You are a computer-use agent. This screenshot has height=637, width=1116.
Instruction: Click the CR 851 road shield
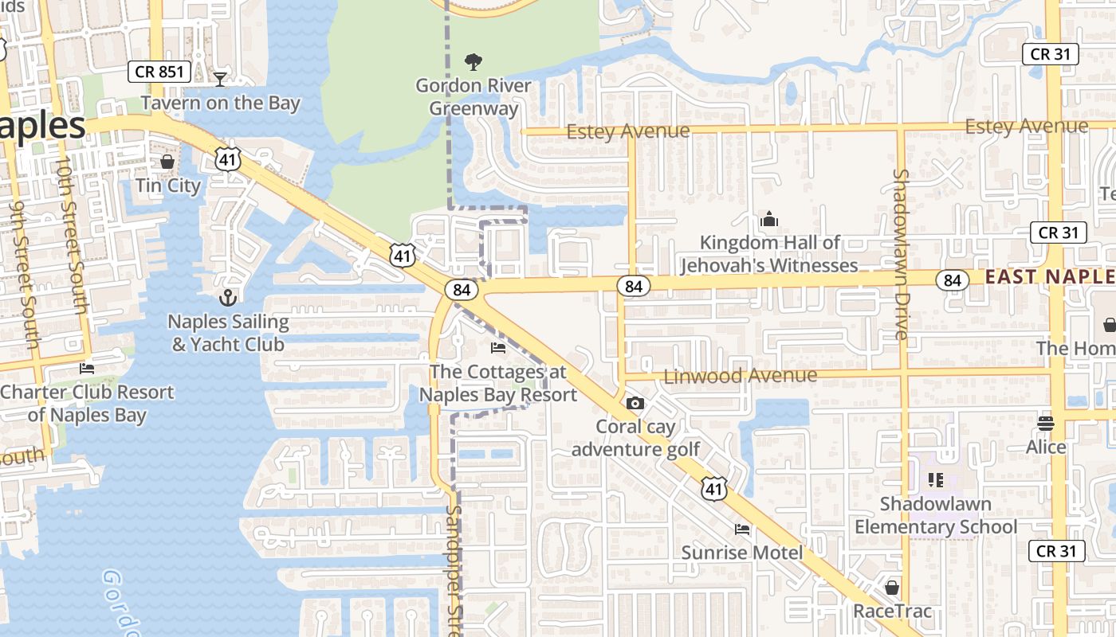pyautogui.click(x=159, y=72)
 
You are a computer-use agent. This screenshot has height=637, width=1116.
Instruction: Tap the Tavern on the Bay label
pyautogui.click(x=220, y=103)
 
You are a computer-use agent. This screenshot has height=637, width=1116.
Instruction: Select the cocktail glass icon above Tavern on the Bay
pyautogui.click(x=220, y=79)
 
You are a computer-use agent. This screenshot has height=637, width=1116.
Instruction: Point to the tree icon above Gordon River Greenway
pyautogui.click(x=474, y=61)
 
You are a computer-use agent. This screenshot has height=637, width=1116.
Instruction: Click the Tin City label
pyautogui.click(x=168, y=186)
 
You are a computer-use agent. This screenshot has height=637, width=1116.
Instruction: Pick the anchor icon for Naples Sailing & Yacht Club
pyautogui.click(x=229, y=298)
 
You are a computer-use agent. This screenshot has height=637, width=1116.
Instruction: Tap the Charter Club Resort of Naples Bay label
pyautogui.click(x=87, y=404)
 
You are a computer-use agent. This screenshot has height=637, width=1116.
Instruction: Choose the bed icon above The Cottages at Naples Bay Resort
pyautogui.click(x=498, y=347)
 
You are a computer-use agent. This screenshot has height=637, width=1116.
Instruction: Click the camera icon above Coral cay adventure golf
pyautogui.click(x=635, y=403)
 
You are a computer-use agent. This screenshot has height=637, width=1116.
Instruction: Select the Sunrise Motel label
pyautogui.click(x=742, y=553)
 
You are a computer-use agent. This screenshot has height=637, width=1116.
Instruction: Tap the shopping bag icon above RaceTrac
pyautogui.click(x=892, y=588)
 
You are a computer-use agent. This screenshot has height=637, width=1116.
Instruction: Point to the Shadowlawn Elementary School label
pyautogui.click(x=936, y=515)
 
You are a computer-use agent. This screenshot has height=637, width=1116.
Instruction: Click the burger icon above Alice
pyautogui.click(x=1046, y=423)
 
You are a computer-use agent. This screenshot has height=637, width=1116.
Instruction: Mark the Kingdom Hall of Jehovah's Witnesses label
pyautogui.click(x=770, y=254)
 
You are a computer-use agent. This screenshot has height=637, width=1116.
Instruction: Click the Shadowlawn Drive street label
pyautogui.click(x=902, y=254)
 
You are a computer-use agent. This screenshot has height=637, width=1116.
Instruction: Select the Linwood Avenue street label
pyautogui.click(x=741, y=375)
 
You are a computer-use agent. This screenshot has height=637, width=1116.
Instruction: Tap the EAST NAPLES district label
pyautogui.click(x=1050, y=276)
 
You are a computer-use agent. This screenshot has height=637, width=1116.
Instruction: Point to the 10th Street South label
pyautogui.click(x=71, y=235)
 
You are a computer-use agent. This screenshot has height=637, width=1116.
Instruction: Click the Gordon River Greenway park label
pyautogui.click(x=474, y=97)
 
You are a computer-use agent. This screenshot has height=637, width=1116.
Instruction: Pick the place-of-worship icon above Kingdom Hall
pyautogui.click(x=769, y=218)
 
